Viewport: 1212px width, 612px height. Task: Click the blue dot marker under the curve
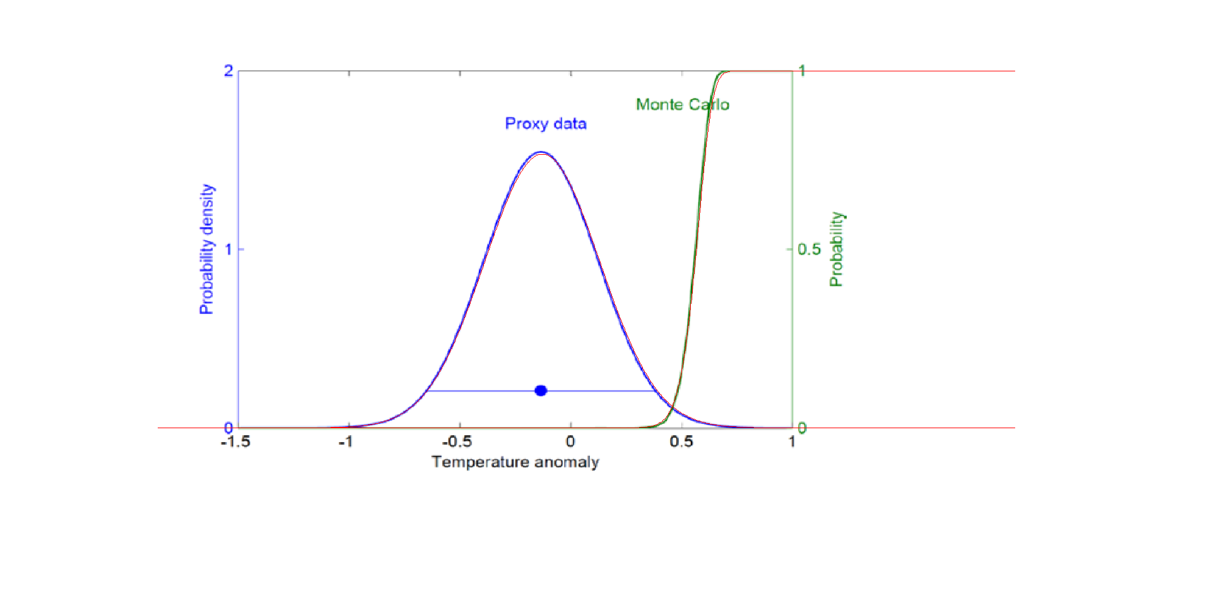click(x=541, y=391)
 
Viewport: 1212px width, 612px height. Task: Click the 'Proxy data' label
click(x=546, y=124)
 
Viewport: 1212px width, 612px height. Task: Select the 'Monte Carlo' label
click(x=682, y=105)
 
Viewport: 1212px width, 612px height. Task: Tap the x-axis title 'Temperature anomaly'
click(x=515, y=462)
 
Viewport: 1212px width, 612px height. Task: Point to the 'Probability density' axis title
click(x=207, y=249)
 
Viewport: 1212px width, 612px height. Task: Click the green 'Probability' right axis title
click(x=837, y=249)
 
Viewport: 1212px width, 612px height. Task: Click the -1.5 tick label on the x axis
click(x=235, y=442)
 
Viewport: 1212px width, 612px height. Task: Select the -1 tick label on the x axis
click(x=345, y=442)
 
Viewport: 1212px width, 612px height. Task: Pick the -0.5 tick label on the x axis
click(x=457, y=442)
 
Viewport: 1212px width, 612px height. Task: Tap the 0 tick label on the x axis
click(x=570, y=442)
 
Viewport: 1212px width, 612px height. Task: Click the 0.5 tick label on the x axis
click(x=681, y=442)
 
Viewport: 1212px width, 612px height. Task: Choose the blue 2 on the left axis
click(x=228, y=71)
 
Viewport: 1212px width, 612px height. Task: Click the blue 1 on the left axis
click(x=228, y=249)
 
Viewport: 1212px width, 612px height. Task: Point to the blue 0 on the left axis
click(x=228, y=428)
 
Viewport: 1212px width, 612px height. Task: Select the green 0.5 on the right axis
click(x=809, y=249)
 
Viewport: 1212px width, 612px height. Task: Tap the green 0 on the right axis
click(x=802, y=428)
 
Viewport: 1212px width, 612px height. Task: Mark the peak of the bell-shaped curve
click(x=541, y=152)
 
